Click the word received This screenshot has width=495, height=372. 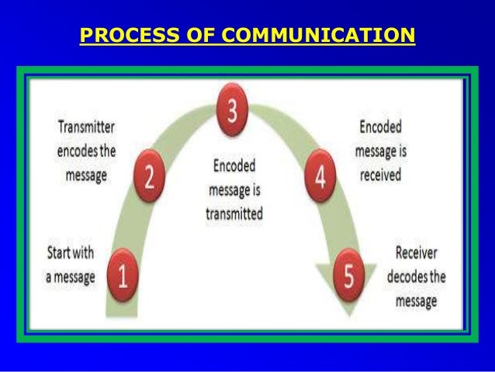[x=380, y=175]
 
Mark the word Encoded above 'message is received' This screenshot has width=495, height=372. [x=380, y=125]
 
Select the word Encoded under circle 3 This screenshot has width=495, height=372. [x=234, y=165]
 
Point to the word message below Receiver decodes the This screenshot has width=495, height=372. [x=417, y=300]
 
